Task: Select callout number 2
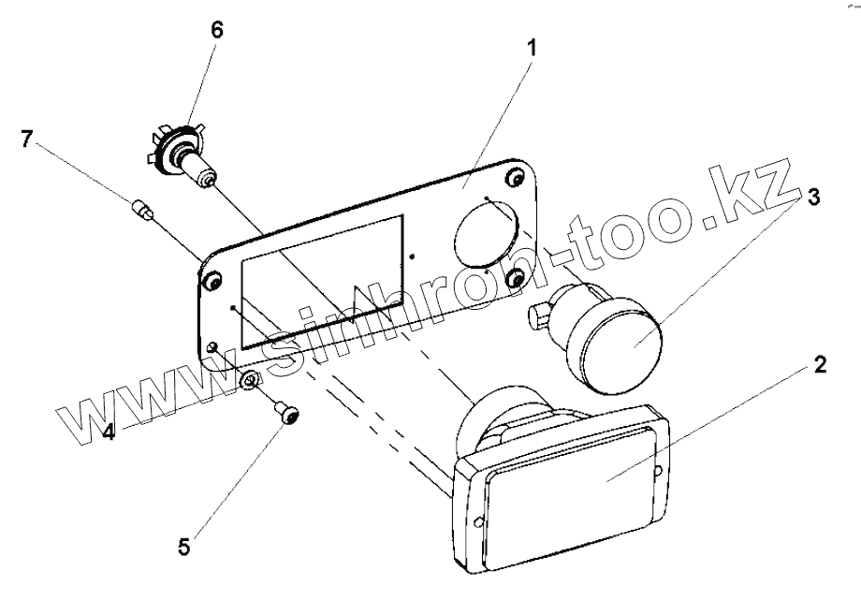[x=819, y=365]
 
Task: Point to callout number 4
[x=109, y=432]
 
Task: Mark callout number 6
[x=217, y=29]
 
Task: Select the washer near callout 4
[x=250, y=380]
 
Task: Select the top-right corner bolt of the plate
[x=514, y=177]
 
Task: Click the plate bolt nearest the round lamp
[x=514, y=278]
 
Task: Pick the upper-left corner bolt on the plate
[x=212, y=281]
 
